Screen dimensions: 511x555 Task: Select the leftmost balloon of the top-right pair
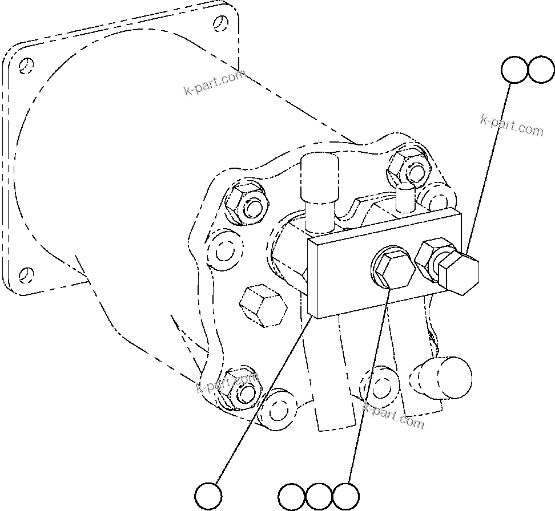514,70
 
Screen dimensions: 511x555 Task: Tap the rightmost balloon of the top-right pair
541,70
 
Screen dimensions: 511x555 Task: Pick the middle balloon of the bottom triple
319,496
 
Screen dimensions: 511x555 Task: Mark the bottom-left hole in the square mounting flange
24,275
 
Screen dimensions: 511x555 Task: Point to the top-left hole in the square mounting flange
24,66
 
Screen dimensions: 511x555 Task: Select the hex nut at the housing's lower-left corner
241,391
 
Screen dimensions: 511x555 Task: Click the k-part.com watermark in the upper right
512,125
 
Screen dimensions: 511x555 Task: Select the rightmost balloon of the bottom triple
346,496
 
